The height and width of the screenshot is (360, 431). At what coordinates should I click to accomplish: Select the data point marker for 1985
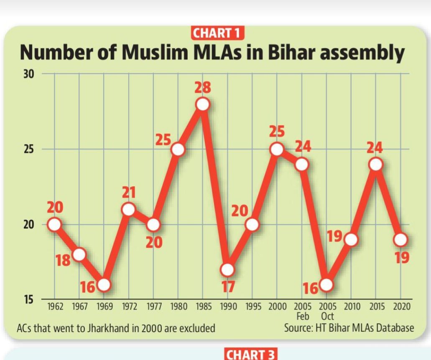tap(203, 104)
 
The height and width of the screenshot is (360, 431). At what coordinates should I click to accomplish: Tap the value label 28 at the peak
tap(203, 88)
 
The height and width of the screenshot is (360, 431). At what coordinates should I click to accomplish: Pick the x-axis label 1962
tap(55, 307)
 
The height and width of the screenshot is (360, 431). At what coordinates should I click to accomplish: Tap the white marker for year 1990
tap(227, 270)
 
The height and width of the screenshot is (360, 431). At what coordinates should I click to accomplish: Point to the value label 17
tap(227, 286)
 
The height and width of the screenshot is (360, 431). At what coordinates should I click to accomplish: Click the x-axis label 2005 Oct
tap(327, 312)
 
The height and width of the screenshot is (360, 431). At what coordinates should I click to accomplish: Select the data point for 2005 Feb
tap(301, 165)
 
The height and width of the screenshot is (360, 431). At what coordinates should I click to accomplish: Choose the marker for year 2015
tap(376, 165)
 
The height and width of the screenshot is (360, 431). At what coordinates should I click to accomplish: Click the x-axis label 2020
tap(400, 307)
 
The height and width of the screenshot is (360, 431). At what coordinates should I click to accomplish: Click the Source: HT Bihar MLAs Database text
tap(349, 327)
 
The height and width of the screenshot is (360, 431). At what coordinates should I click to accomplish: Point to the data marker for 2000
tap(277, 149)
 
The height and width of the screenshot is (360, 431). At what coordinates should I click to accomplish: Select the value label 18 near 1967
tap(63, 261)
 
